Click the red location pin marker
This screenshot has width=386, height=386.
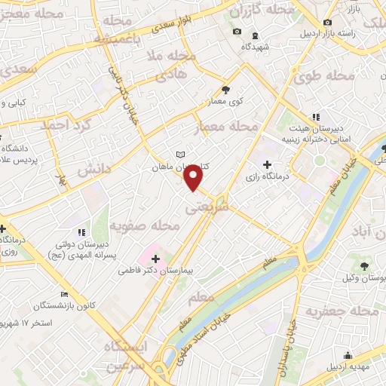pyautogui.click(x=195, y=177)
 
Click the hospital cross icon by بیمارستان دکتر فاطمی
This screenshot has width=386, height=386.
pyautogui.click(x=155, y=259)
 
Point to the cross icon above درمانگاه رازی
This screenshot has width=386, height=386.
pyautogui.click(x=266, y=164)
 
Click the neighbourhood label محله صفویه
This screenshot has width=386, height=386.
pyautogui.click(x=144, y=225)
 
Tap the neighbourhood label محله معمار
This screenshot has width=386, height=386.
pyautogui.click(x=226, y=126)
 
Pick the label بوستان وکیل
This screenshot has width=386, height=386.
pyautogui.click(x=363, y=277)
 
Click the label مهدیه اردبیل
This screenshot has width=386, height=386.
pyautogui.click(x=348, y=367)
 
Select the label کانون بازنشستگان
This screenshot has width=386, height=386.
pyautogui.click(x=63, y=307)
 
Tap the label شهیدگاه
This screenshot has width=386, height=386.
pyautogui.click(x=255, y=47)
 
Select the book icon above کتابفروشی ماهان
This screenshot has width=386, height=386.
pyautogui.click(x=179, y=155)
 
